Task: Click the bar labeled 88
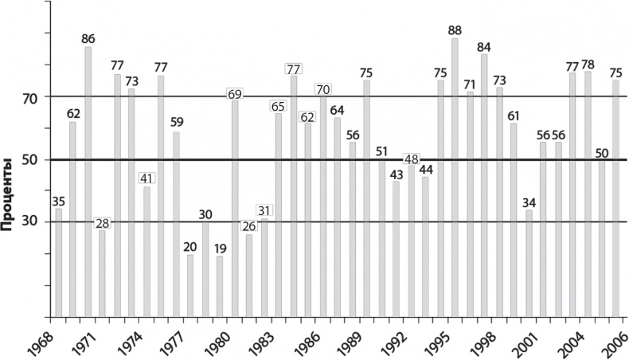coord(455,177)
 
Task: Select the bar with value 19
coord(220,285)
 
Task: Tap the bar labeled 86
coord(88,182)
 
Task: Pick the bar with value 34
coord(529,263)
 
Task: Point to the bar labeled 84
coord(484,185)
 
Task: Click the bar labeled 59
coord(176,224)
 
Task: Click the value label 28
coord(102,223)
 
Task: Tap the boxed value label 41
coord(147,178)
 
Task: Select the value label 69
coord(235,94)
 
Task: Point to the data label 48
coord(411,158)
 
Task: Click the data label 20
coord(190,247)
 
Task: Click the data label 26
coord(249,226)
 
